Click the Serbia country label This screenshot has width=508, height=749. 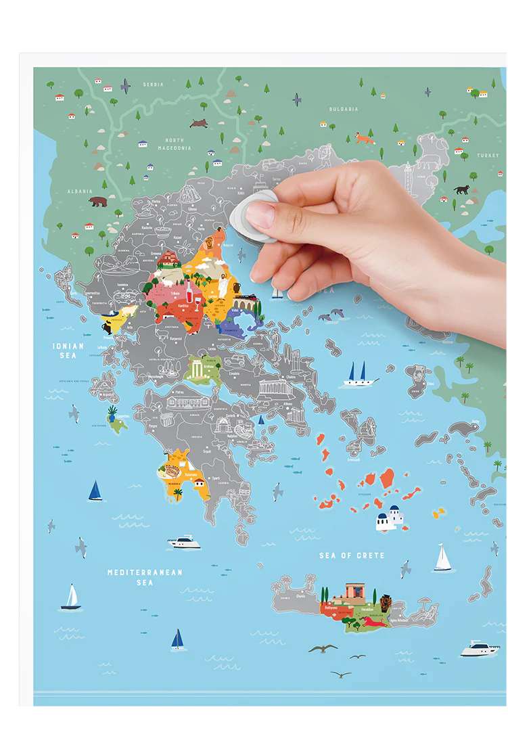click(x=153, y=85)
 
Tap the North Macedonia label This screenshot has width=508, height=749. click(x=175, y=144)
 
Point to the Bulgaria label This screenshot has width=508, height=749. click(x=344, y=109)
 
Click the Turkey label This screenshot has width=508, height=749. click(x=487, y=156)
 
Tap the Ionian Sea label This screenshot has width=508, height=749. click(x=68, y=350)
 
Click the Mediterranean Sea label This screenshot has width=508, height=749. click(x=145, y=577)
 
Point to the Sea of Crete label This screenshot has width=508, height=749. click(x=352, y=555)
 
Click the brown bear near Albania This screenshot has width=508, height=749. click(x=98, y=202)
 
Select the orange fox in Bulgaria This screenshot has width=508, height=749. click(x=365, y=139)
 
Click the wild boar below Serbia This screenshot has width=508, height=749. click(x=199, y=123)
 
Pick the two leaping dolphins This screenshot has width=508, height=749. click(x=331, y=315)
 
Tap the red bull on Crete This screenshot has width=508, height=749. click(x=374, y=621)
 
